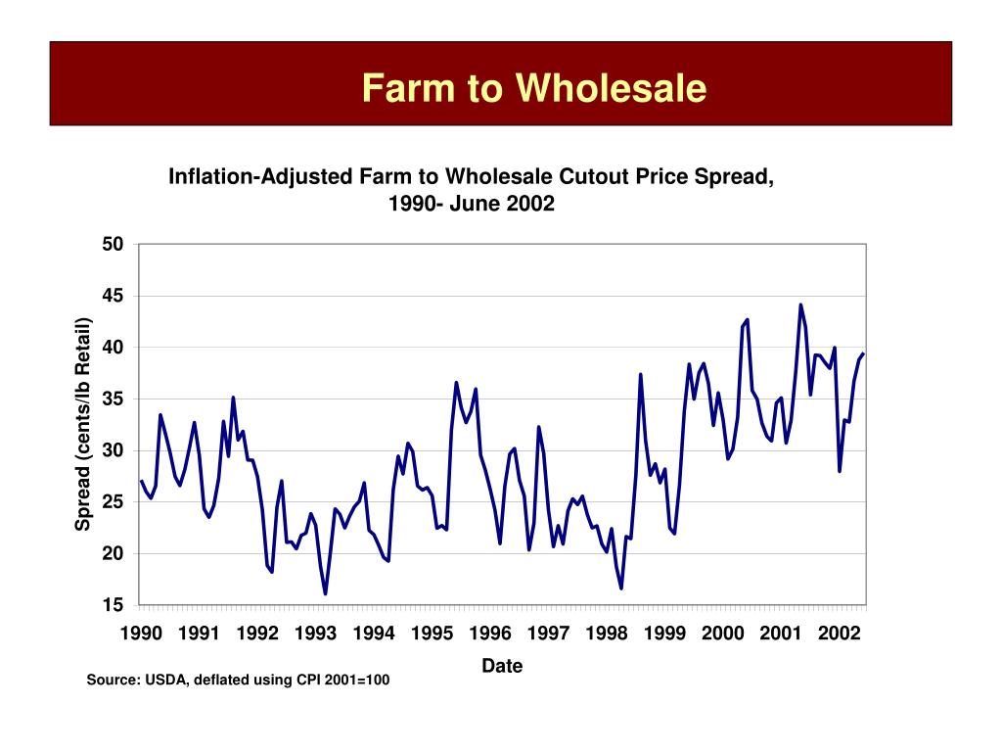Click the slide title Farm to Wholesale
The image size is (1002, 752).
533,88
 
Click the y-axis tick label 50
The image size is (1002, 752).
113,244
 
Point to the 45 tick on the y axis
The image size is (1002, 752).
113,296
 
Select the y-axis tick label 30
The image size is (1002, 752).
113,450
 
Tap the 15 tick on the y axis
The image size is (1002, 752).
113,605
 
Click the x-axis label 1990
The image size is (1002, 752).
141,634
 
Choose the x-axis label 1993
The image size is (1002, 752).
315,634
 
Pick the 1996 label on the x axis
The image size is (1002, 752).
490,634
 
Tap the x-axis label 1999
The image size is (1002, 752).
664,634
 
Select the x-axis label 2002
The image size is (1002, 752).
839,634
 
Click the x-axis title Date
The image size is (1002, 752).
502,666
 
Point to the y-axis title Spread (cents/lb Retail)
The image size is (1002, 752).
84,424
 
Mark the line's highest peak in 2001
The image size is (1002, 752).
800,305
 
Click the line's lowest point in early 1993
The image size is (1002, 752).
325,593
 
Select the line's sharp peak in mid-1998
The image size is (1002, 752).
640,374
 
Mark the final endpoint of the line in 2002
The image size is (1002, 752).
863,353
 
